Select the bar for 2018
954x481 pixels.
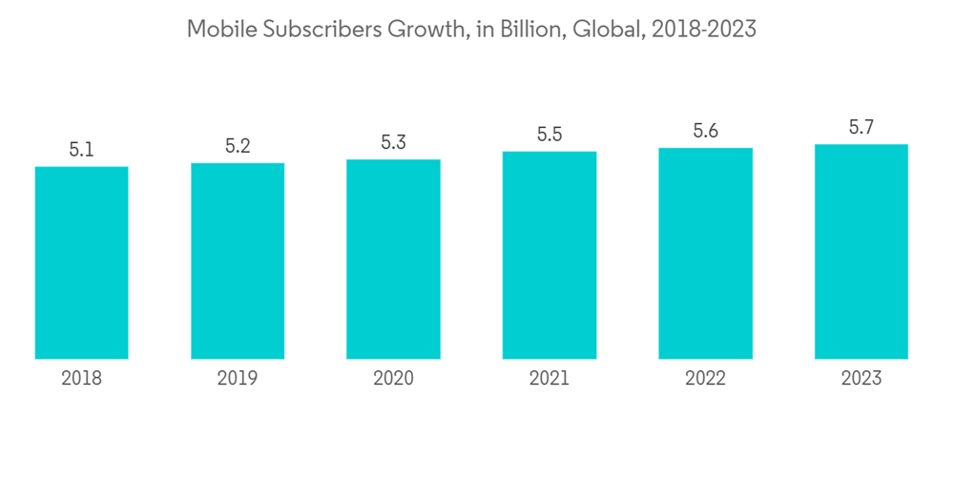pyautogui.click(x=81, y=262)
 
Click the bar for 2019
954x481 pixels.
pyautogui.click(x=238, y=261)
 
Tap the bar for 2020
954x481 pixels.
pyautogui.click(x=393, y=259)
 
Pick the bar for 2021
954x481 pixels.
pyautogui.click(x=550, y=255)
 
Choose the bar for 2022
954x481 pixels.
pyautogui.click(x=705, y=253)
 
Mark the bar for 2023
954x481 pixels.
pyautogui.click(x=861, y=251)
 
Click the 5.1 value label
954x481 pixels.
pyautogui.click(x=81, y=150)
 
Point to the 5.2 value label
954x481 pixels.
pyautogui.click(x=238, y=146)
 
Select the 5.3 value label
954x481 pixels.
pyautogui.click(x=393, y=142)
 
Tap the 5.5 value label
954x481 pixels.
pyautogui.click(x=550, y=135)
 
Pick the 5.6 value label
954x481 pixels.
pyautogui.click(x=705, y=132)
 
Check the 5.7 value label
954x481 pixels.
pyautogui.click(x=861, y=128)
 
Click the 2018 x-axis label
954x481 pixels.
pyautogui.click(x=81, y=379)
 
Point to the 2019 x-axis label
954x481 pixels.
pyautogui.click(x=238, y=379)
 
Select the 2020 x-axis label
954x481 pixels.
pyautogui.click(x=393, y=379)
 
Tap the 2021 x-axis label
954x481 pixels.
pyautogui.click(x=550, y=379)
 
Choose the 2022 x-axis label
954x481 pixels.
pyautogui.click(x=705, y=379)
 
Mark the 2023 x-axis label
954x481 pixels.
pyautogui.click(x=861, y=379)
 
